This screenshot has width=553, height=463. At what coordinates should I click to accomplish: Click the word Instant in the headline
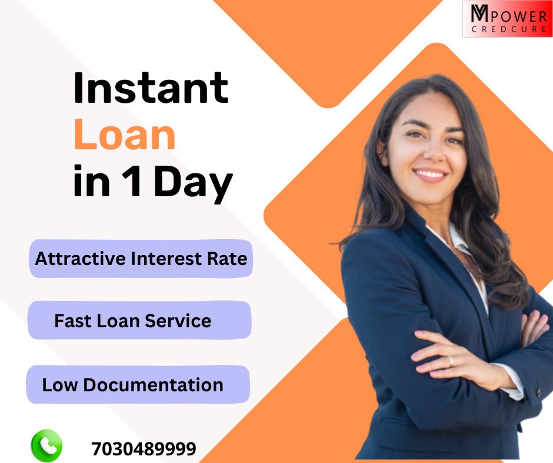click(151, 88)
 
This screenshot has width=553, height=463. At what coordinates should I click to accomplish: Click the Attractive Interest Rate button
click(141, 259)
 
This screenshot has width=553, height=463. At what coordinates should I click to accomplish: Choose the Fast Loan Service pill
click(139, 321)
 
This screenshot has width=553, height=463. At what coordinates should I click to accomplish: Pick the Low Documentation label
click(138, 385)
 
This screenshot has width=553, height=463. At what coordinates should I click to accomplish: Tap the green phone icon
click(46, 446)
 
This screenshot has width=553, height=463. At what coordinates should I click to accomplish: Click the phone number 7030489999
click(144, 449)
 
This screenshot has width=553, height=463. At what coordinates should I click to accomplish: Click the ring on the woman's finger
click(451, 361)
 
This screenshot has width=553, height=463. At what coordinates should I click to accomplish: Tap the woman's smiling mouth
click(431, 175)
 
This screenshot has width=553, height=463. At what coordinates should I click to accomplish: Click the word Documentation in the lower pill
click(153, 385)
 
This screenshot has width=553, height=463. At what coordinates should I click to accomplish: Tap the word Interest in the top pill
click(166, 259)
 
